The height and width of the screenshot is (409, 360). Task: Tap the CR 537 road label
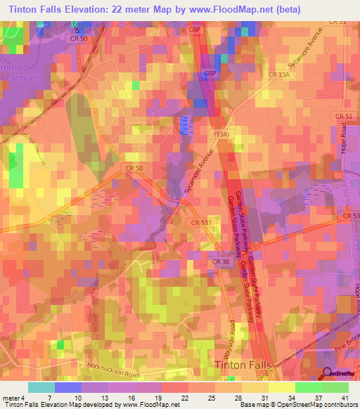coord(200,222)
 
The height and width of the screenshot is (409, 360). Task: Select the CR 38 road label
coord(220,262)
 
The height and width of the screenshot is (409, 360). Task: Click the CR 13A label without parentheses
coord(279,73)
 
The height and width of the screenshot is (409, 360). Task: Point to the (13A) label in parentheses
coord(223,132)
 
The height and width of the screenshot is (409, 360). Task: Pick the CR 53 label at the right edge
coord(352,216)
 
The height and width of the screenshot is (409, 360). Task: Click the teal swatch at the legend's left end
coord(41,387)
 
